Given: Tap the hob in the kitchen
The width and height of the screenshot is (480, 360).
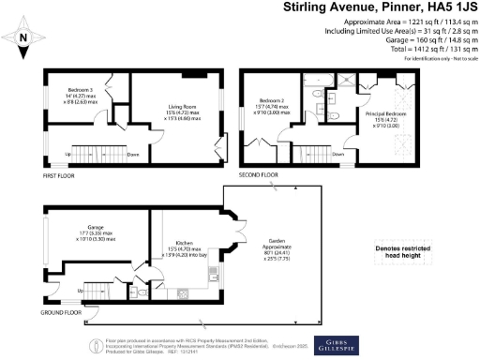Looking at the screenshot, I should (161, 278).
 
